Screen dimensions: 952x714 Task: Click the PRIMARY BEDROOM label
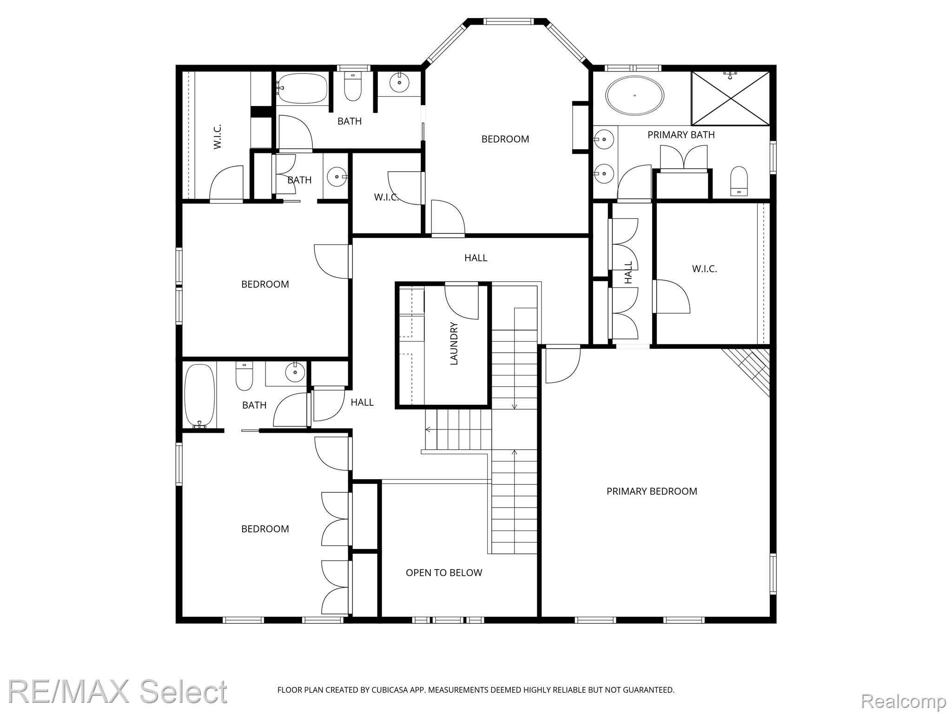pos(651,491)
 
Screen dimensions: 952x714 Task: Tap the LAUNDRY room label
pos(454,344)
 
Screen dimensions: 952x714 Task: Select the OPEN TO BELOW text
pos(444,573)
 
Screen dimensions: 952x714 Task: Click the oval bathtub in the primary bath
pos(635,95)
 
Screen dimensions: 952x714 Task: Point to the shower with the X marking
pos(730,98)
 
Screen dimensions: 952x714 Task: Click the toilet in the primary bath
pos(739,181)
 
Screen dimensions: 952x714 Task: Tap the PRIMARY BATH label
pos(681,135)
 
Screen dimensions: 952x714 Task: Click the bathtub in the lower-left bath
pos(200,395)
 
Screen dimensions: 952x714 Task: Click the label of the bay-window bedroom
pos(505,139)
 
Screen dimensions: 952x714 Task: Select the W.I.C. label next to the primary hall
pos(704,269)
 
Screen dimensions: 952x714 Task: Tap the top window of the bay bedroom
pos(507,21)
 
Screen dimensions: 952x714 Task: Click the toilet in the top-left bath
pos(353,87)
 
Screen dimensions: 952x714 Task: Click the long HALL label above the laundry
pos(476,258)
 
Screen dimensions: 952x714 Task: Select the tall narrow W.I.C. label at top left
pos(218,137)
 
